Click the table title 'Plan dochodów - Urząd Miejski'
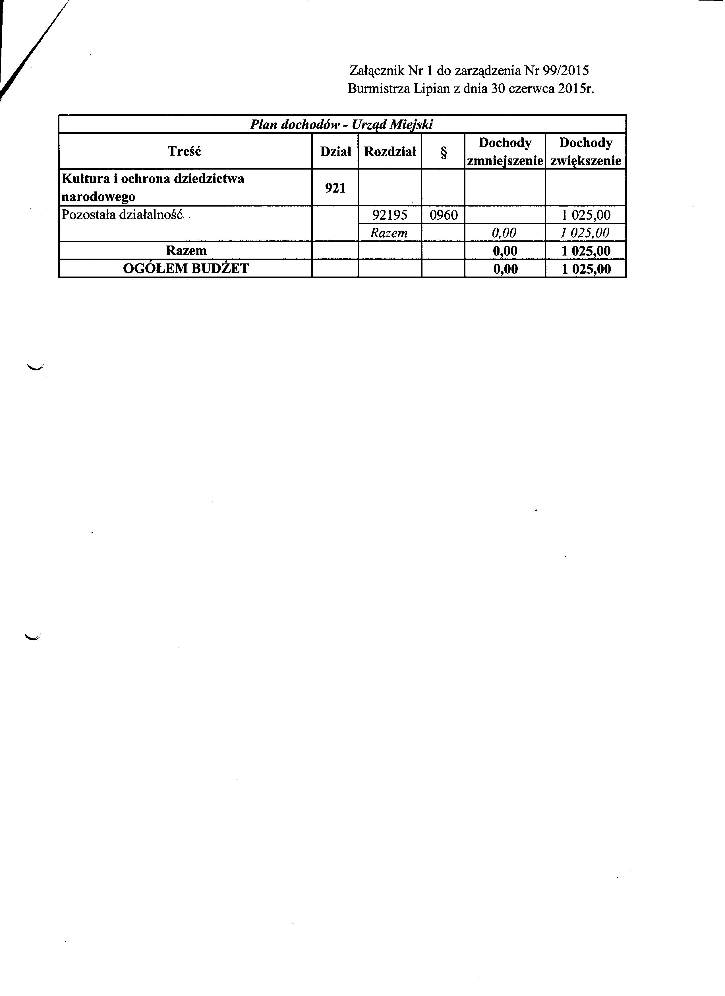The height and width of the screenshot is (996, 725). pyautogui.click(x=341, y=125)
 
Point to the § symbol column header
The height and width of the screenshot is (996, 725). pyautogui.click(x=443, y=152)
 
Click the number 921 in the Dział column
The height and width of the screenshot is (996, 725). pyautogui.click(x=335, y=188)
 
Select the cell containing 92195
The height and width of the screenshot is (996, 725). pyautogui.click(x=390, y=215)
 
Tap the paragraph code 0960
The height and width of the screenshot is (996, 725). pyautogui.click(x=443, y=215)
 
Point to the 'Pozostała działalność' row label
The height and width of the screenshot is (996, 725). pyautogui.click(x=122, y=215)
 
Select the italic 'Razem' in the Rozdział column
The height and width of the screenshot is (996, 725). pyautogui.click(x=389, y=233)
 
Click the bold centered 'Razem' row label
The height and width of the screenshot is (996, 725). pyautogui.click(x=186, y=250)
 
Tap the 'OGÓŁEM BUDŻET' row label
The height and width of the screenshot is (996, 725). pyautogui.click(x=186, y=268)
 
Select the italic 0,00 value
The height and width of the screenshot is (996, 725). pyautogui.click(x=504, y=233)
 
